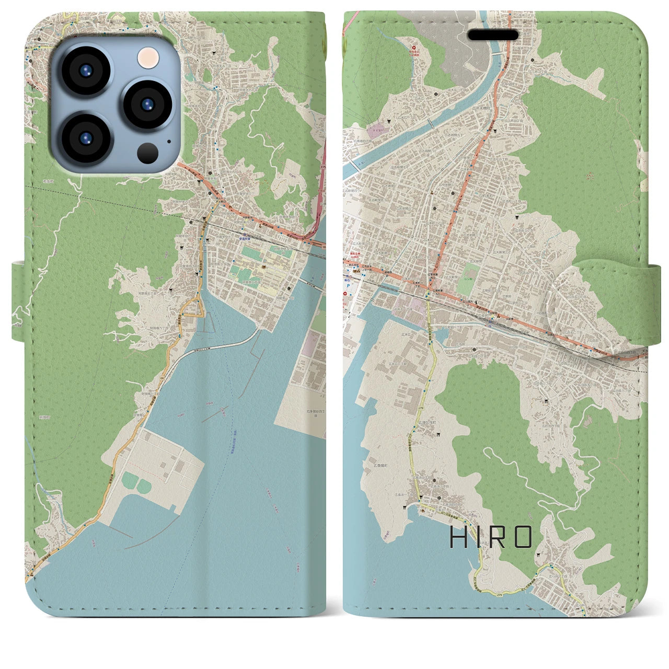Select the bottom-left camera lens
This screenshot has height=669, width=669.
pos(85,138)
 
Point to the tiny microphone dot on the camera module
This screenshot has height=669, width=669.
pos(168,140)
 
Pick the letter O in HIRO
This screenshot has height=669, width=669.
pos(523,537)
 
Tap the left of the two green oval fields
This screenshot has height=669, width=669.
pos(129,479)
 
